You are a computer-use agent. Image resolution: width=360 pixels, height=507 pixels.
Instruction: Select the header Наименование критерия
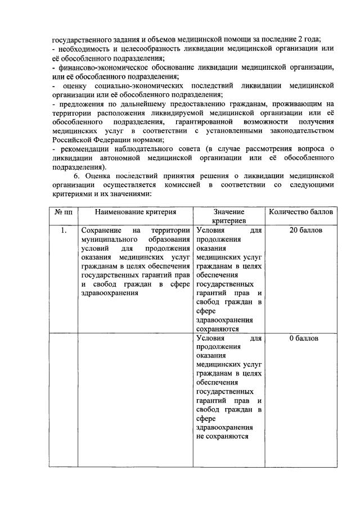[135, 212]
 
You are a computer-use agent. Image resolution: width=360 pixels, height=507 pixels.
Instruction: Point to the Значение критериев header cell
[228, 217]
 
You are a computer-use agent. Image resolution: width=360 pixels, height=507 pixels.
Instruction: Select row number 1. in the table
[64, 230]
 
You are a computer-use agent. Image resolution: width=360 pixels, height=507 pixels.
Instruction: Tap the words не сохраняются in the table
[222, 437]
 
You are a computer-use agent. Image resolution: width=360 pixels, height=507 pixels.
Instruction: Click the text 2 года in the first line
[308, 39]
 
